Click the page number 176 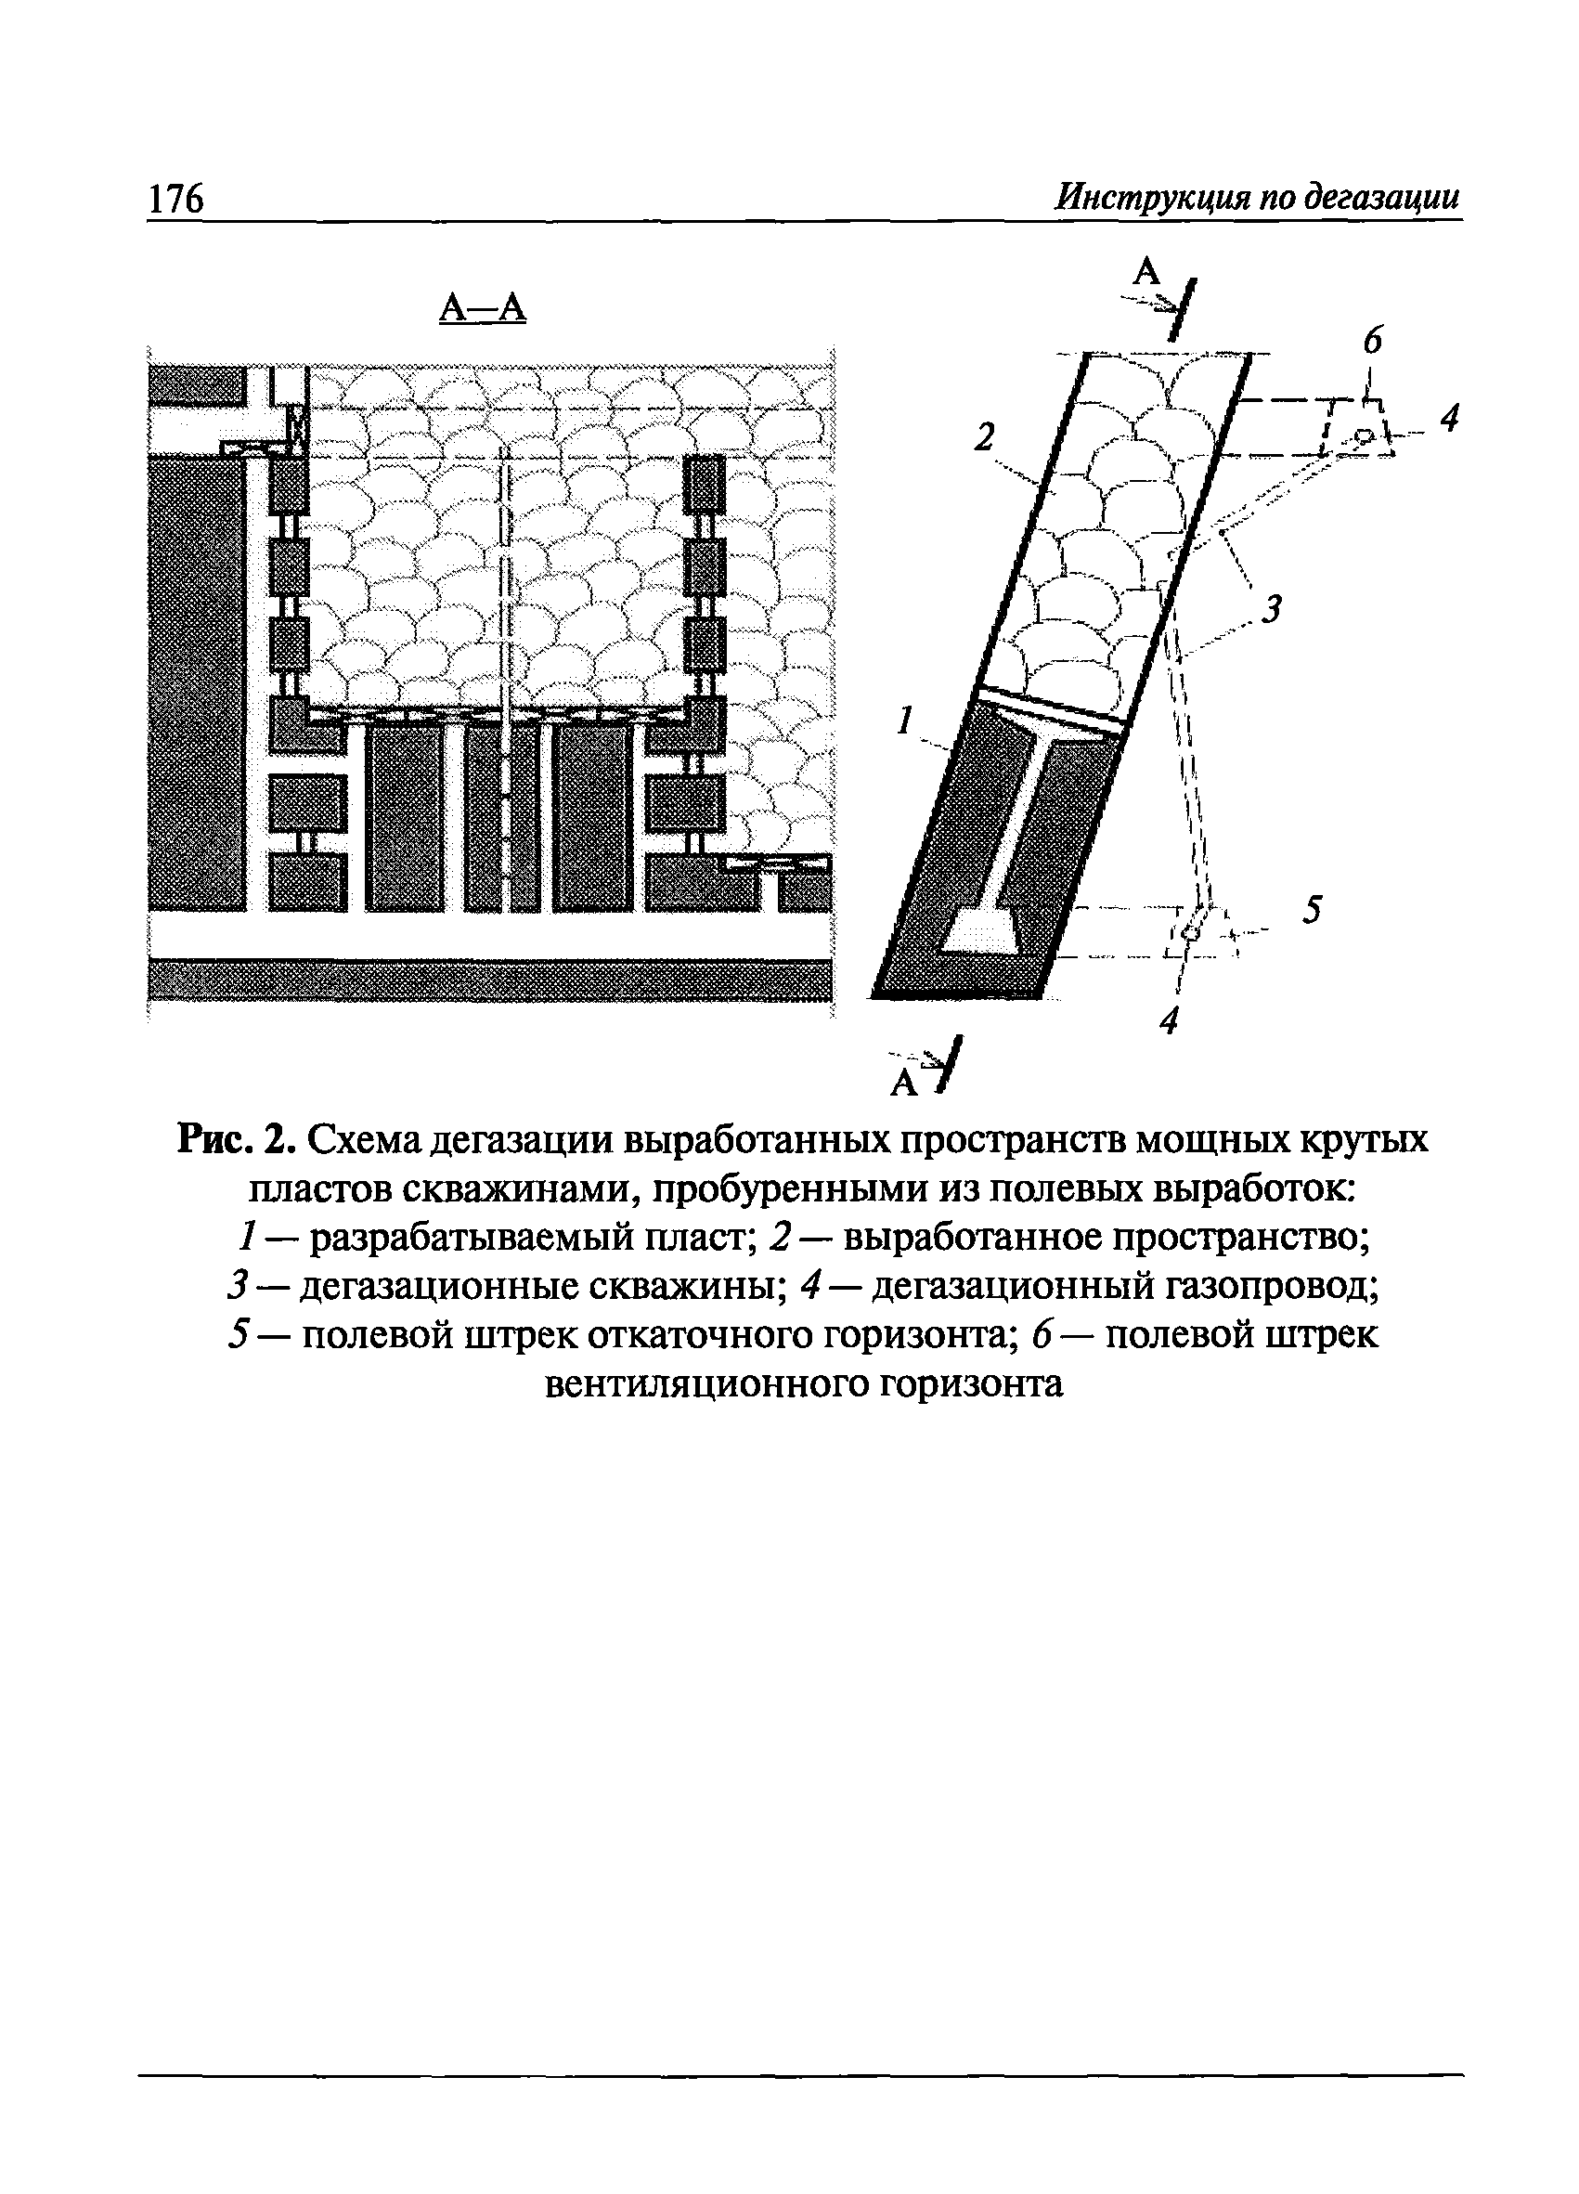click(x=176, y=199)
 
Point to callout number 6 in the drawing click(x=1373, y=341)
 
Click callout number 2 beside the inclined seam click(x=984, y=438)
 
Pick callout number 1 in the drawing click(x=905, y=720)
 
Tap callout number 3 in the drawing click(x=1274, y=609)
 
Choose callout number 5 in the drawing click(x=1310, y=910)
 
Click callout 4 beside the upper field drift click(x=1447, y=419)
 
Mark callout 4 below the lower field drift click(x=1170, y=1019)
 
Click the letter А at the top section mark click(x=1146, y=272)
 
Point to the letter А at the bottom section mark click(x=904, y=1084)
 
